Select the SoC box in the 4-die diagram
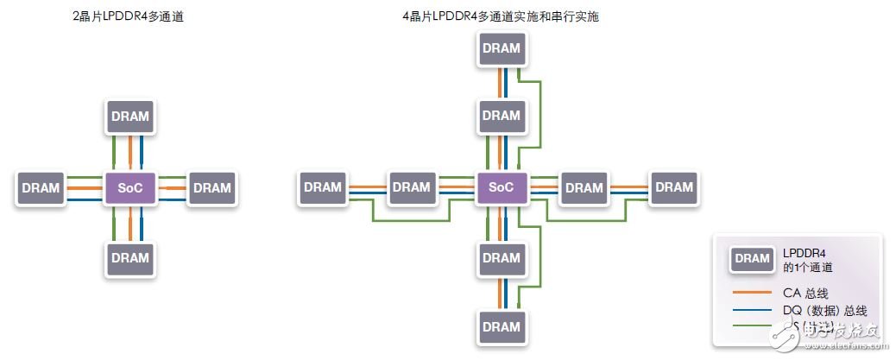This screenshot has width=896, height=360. (x=502, y=187)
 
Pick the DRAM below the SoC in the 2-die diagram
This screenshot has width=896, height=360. (x=129, y=257)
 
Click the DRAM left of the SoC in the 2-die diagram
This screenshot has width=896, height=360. (x=40, y=188)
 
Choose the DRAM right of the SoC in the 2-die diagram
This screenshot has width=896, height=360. (x=211, y=188)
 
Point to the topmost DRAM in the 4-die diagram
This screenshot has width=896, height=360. (x=502, y=48)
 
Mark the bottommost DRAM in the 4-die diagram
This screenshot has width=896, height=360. (x=502, y=327)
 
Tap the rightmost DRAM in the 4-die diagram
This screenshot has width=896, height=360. (x=674, y=187)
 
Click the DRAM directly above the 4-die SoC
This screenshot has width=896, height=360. (x=502, y=116)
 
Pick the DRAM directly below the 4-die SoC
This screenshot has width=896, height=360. (x=502, y=257)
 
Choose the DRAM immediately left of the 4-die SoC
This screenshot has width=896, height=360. (x=411, y=187)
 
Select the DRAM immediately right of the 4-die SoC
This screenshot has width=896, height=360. (x=584, y=187)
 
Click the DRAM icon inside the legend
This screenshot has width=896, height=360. (x=751, y=258)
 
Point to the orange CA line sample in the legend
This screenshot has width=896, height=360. (x=751, y=292)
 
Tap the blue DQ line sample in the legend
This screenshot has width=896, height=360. (x=751, y=309)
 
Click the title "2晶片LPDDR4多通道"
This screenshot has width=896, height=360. (x=127, y=16)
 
